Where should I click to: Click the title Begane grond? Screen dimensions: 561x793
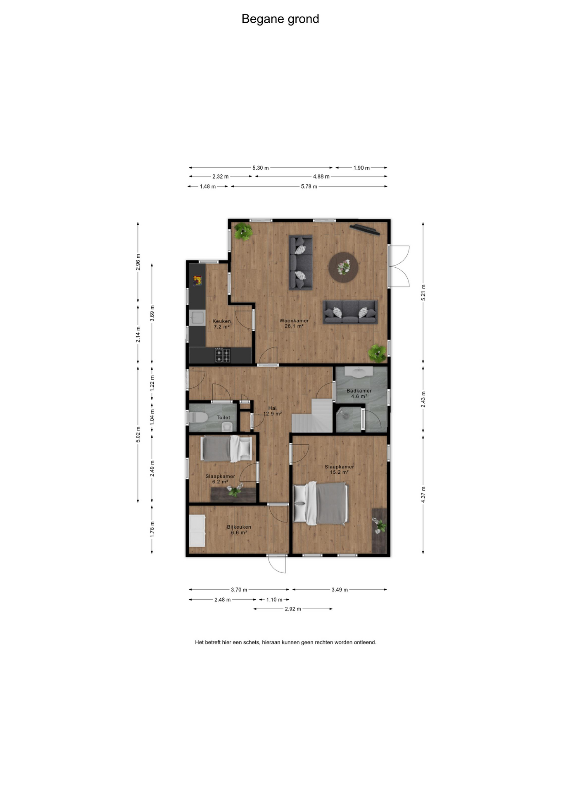pyautogui.click(x=280, y=19)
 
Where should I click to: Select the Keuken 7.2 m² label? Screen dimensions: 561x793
pyautogui.click(x=221, y=324)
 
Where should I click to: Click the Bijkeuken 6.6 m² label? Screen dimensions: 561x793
pyautogui.click(x=239, y=530)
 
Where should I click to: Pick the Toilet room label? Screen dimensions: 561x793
pyautogui.click(x=223, y=418)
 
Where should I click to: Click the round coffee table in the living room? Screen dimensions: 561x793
pyautogui.click(x=343, y=267)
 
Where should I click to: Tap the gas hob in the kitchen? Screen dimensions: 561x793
pyautogui.click(x=222, y=355)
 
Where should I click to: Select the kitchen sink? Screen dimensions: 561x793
pyautogui.click(x=197, y=318)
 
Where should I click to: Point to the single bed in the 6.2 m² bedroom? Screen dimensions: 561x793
pyautogui.click(x=226, y=449)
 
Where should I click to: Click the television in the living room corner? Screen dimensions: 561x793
pyautogui.click(x=365, y=229)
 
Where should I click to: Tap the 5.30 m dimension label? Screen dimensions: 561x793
pyautogui.click(x=261, y=168)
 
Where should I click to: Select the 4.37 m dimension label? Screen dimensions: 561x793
pyautogui.click(x=423, y=494)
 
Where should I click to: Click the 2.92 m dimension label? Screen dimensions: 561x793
pyautogui.click(x=293, y=609)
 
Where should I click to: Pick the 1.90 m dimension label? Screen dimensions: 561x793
pyautogui.click(x=361, y=168)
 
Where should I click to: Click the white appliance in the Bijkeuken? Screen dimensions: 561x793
pyautogui.click(x=197, y=531)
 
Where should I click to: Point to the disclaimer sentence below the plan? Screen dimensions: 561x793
pyautogui.click(x=285, y=642)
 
